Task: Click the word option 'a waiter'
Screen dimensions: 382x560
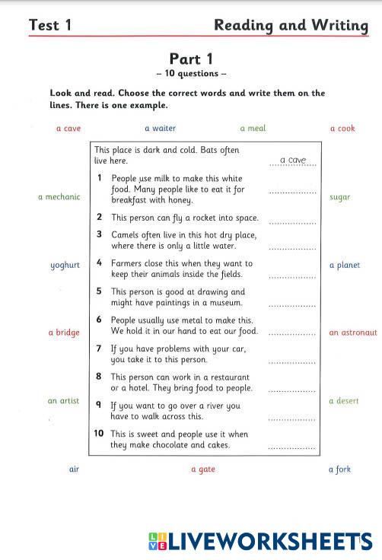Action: [160, 129]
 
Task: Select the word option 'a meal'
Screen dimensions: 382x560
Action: [253, 129]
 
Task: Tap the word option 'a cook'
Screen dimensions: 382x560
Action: [342, 129]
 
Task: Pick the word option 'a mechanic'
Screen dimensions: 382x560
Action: [59, 197]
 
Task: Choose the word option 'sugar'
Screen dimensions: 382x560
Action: [340, 197]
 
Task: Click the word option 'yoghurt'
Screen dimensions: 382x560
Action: [65, 266]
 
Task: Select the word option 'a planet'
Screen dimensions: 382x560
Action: [345, 266]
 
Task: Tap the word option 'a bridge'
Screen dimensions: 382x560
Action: [64, 332]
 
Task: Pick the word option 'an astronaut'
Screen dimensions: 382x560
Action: [353, 332]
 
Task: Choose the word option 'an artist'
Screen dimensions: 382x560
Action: [63, 401]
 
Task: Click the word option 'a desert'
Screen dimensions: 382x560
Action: [343, 401]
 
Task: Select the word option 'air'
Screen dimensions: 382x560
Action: [74, 469]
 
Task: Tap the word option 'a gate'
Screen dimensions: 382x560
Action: [202, 469]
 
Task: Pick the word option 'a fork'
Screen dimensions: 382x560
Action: [339, 469]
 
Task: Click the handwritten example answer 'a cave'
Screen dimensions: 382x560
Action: [293, 160]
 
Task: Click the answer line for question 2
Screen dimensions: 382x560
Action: [293, 223]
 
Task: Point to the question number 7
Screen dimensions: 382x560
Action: [99, 348]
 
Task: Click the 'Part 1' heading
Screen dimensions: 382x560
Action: [190, 59]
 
